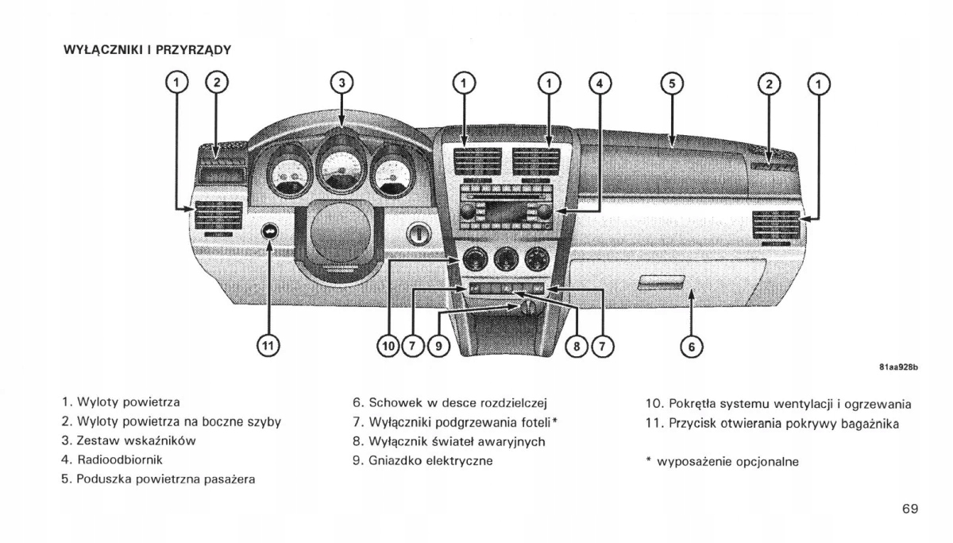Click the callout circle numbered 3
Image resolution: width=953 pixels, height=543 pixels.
[341, 83]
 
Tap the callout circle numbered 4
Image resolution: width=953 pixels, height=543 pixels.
[600, 83]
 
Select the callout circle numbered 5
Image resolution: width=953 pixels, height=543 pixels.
[671, 83]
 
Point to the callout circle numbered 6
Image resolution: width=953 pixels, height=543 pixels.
[691, 346]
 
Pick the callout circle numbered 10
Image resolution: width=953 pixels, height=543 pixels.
[388, 346]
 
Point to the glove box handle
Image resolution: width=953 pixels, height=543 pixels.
[662, 281]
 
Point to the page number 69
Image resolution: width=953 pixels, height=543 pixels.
[910, 508]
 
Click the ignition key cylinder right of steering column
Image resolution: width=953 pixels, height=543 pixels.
[419, 234]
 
